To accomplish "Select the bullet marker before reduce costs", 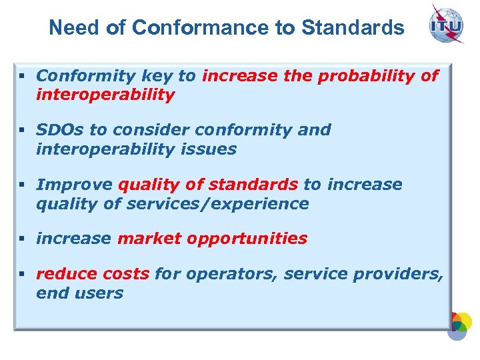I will click(x=23, y=273).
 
